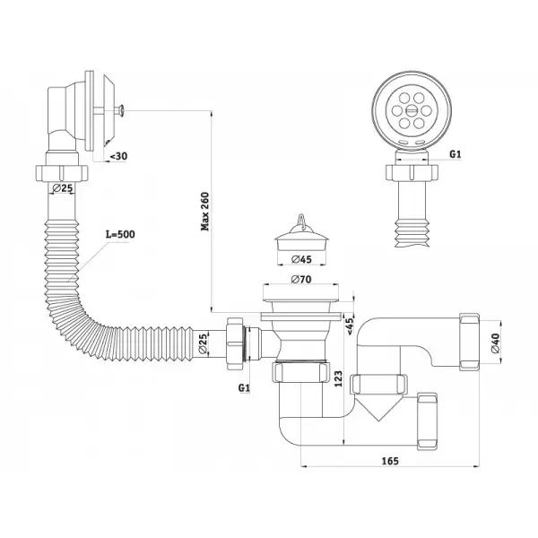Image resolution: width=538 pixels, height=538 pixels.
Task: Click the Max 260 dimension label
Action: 204,212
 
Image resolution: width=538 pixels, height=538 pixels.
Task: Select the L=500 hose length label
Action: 120,234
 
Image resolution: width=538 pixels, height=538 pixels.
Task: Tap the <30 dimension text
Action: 118,156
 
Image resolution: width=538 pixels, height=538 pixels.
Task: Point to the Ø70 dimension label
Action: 301,280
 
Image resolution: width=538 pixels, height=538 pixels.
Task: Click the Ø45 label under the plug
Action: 301,259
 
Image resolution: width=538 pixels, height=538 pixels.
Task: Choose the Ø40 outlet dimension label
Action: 496,343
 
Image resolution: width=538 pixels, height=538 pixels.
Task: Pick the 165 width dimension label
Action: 390,461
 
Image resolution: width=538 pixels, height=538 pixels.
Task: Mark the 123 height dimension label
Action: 338,378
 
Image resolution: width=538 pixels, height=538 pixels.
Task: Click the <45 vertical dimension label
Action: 350,326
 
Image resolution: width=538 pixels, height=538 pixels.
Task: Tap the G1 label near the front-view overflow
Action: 456,154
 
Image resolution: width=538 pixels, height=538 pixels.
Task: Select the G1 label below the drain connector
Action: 244,388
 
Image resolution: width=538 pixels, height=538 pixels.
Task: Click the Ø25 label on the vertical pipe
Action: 63,188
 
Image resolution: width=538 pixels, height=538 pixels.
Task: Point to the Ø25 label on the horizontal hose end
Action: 203,343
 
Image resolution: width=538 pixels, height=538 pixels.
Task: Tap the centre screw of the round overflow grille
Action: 411,110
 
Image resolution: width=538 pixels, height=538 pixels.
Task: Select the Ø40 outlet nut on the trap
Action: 469,342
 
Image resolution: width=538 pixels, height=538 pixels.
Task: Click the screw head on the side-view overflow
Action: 121,110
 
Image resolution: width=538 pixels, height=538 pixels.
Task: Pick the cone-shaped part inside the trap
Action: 377,408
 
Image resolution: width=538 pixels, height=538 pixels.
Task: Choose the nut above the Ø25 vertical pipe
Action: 62,173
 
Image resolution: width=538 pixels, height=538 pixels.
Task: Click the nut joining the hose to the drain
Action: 234,343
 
